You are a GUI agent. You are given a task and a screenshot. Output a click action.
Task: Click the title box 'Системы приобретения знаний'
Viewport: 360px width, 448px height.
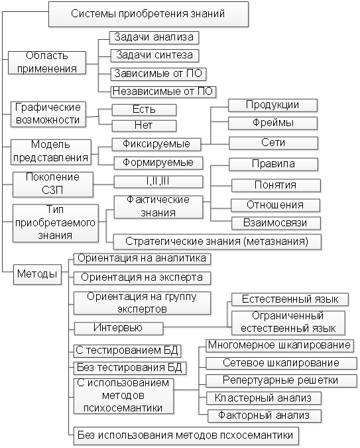point(148,14)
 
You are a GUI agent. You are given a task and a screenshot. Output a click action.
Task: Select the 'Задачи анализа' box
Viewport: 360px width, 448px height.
point(154,37)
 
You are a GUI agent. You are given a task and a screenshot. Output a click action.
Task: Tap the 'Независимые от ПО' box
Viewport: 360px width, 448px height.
point(163,92)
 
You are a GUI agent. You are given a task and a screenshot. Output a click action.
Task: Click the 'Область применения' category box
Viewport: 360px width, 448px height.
point(47,62)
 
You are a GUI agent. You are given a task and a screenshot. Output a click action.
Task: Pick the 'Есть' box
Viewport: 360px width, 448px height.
point(144,110)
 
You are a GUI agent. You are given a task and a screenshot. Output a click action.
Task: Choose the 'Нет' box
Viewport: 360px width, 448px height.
point(144,125)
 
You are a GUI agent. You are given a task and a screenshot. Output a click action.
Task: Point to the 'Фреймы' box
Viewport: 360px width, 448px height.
point(272,123)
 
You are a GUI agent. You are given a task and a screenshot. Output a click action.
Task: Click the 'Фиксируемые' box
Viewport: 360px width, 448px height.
point(156,144)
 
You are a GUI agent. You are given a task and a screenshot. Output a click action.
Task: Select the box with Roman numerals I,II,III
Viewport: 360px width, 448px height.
point(158,182)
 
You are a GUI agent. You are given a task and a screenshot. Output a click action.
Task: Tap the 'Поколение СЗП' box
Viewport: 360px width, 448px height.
point(53,185)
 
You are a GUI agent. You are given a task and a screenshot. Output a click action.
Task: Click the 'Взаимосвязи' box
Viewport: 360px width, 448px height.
point(276,223)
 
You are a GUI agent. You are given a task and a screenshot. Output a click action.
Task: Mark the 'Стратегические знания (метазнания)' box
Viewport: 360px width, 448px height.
point(217,242)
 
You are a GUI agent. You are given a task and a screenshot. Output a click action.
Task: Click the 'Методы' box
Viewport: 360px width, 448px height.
point(37,274)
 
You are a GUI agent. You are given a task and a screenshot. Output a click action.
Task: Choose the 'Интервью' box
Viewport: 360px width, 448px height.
point(119,329)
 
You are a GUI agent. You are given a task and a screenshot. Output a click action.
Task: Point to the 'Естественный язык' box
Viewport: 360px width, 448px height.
point(290,299)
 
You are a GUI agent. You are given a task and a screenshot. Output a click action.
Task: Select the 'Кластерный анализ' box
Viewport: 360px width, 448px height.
point(264,398)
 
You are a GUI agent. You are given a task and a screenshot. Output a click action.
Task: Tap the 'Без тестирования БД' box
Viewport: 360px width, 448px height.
point(129,368)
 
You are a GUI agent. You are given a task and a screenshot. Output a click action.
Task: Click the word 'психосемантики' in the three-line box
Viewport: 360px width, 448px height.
point(123,408)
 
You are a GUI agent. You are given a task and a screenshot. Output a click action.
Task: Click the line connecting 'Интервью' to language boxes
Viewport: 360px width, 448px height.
point(196,327)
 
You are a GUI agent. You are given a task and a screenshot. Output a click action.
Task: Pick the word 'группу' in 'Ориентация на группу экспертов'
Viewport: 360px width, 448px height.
point(181,297)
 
